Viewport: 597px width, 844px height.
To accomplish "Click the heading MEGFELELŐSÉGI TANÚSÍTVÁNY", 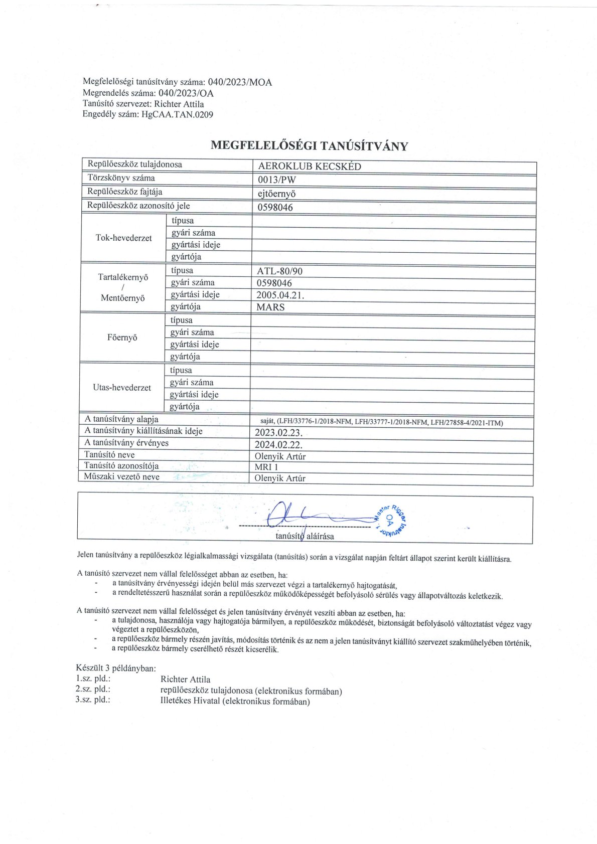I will [x=309, y=146].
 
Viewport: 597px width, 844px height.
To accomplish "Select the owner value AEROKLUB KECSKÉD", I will [x=310, y=166].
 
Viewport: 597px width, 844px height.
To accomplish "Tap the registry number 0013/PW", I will [x=276, y=180].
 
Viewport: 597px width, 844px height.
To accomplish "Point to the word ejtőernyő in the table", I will [x=276, y=194].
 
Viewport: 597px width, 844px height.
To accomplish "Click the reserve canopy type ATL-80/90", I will [x=280, y=271].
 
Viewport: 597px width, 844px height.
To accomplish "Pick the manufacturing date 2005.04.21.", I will [x=280, y=295].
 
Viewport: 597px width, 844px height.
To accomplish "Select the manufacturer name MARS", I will [x=270, y=307].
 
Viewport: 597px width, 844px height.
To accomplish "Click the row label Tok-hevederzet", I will [x=123, y=238].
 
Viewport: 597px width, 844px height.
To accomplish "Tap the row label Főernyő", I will [x=122, y=337].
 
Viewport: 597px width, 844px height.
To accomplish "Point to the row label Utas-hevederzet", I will [x=122, y=388].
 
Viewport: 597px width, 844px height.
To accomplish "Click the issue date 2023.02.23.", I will [x=278, y=432].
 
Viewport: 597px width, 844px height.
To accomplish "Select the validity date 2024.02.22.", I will [x=278, y=444].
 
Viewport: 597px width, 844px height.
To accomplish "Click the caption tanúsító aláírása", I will [x=305, y=536].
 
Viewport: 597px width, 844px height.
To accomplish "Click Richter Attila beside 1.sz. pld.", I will [x=185, y=680].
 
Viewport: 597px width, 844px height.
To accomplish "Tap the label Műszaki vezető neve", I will [x=121, y=477].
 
